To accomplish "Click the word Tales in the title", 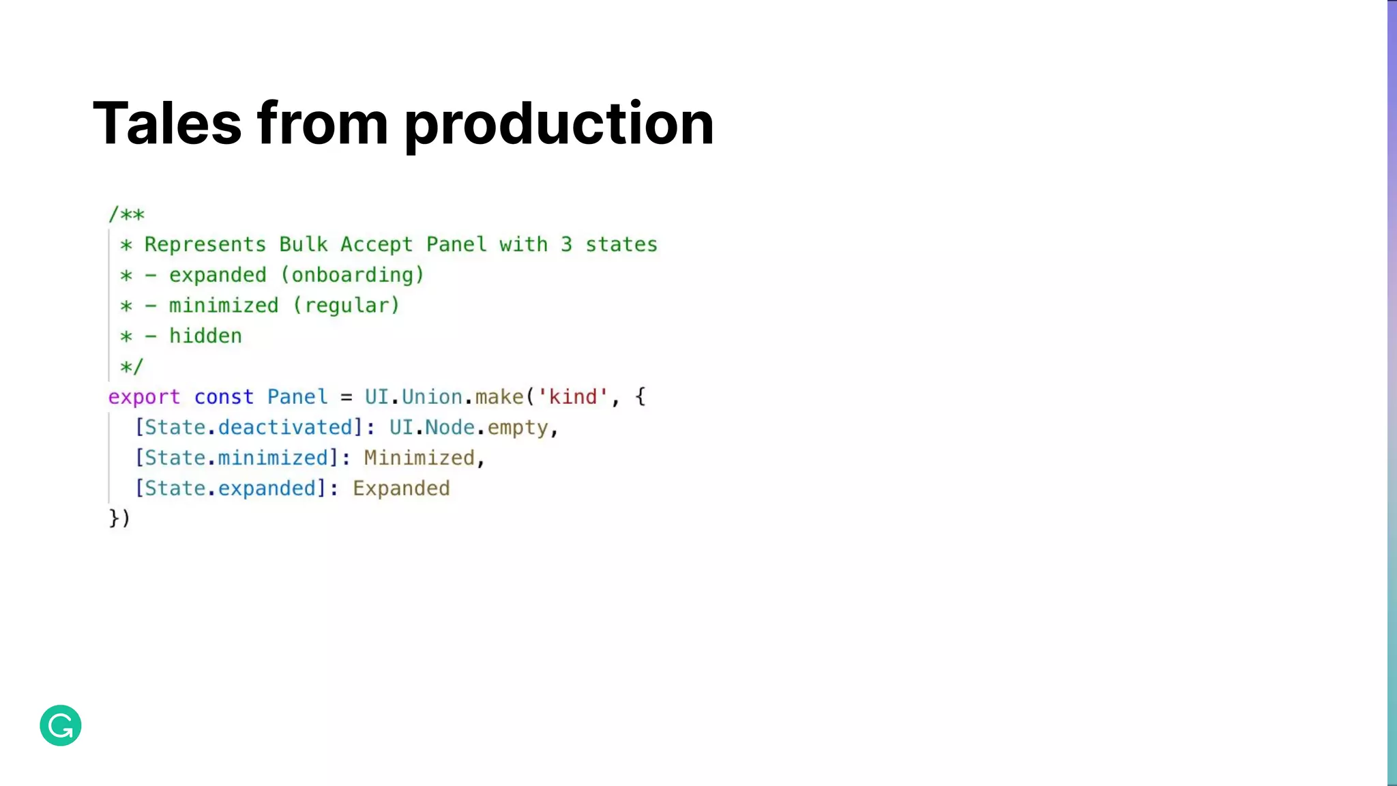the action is [167, 123].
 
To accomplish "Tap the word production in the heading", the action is [559, 123].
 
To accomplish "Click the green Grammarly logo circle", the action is [61, 725].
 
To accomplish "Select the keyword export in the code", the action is [144, 397].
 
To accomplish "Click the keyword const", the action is [224, 397].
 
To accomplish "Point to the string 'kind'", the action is [573, 397].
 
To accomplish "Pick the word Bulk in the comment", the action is [303, 244].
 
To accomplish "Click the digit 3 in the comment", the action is [566, 244].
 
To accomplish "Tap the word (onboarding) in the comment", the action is [353, 275].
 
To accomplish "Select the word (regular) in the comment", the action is [346, 306].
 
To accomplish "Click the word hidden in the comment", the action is [205, 336].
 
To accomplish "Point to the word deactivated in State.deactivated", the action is [284, 428].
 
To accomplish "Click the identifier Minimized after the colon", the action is [419, 458].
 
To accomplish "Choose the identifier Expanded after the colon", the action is [401, 489].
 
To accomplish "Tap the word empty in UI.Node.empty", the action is [518, 428].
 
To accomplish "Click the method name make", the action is [499, 397].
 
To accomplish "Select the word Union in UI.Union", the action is [432, 397].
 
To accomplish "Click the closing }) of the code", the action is [119, 519].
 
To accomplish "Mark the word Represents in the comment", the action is [205, 244].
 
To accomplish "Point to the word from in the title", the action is [323, 123].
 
